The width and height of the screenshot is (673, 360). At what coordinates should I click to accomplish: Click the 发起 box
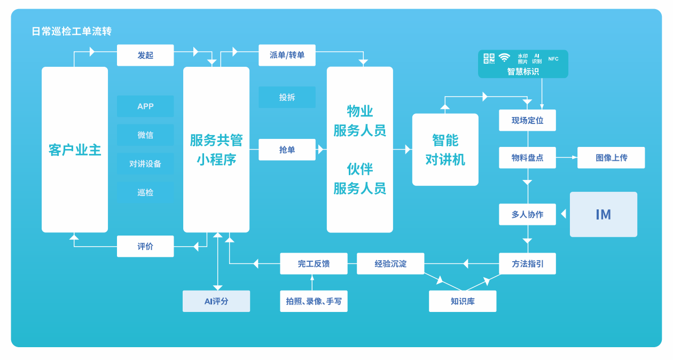point(145,55)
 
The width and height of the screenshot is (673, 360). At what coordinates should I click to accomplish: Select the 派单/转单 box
point(287,55)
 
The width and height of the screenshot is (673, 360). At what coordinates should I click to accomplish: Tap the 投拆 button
point(287,97)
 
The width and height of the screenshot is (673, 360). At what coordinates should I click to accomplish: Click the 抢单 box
point(287,150)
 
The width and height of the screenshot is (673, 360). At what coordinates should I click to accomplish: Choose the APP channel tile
point(145,106)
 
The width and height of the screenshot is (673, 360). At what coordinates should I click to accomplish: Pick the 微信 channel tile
point(145,135)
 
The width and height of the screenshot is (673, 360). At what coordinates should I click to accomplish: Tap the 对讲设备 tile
point(145,164)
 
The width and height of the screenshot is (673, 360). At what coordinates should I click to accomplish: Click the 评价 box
point(145,246)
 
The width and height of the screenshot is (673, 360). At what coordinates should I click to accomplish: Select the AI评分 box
point(216,301)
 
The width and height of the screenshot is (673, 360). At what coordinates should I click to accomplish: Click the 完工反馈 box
point(314,264)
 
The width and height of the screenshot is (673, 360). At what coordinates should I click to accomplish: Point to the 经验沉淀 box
point(390,264)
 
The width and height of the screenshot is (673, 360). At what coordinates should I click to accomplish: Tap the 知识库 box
point(463,301)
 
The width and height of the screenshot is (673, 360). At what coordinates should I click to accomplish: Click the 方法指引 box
point(527,264)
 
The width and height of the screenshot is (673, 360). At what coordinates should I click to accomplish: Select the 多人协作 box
point(527,214)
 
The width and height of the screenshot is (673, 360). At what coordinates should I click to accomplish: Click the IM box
point(604,214)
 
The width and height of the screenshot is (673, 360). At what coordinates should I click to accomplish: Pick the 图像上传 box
point(611,158)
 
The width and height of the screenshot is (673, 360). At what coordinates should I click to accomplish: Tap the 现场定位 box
point(527,120)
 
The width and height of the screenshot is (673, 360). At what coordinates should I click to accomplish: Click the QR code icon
point(489,58)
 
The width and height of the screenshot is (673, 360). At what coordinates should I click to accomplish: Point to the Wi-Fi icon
point(504,58)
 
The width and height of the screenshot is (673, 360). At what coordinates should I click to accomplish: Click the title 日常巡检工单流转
point(72,32)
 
